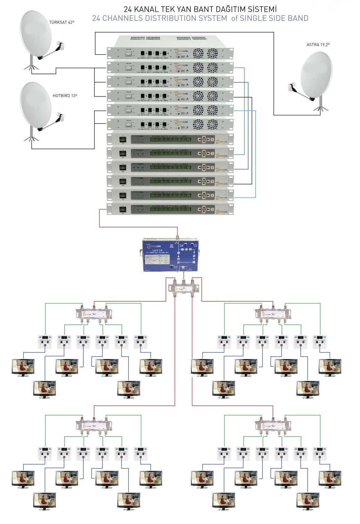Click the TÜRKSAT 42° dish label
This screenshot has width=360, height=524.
click(x=61, y=22)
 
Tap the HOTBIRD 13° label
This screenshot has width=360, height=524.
click(x=65, y=95)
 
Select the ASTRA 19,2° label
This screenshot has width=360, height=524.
click(x=318, y=44)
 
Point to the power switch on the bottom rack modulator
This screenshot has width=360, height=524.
click(x=122, y=209)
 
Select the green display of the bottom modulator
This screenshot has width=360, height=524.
click(x=170, y=209)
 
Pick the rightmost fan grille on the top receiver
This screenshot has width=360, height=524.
click(x=212, y=53)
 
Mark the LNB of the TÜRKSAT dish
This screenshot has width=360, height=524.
click(x=60, y=45)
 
